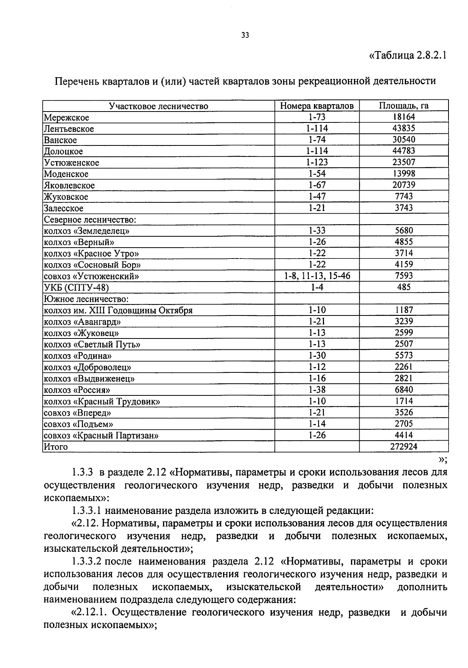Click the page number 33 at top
245,35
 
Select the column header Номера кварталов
317,106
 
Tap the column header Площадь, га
404,106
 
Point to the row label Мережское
66,117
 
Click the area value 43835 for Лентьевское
404,128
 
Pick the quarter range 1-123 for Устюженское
317,162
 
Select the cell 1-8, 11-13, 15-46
317,276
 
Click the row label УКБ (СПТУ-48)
76,288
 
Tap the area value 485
404,287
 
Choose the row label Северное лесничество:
90,220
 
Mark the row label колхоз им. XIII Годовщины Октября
118,310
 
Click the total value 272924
404,447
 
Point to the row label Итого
55,447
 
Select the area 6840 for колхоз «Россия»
404,390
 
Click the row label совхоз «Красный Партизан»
101,436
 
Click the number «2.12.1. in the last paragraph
90,612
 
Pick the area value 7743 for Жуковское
404,197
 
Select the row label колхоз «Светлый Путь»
92,344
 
